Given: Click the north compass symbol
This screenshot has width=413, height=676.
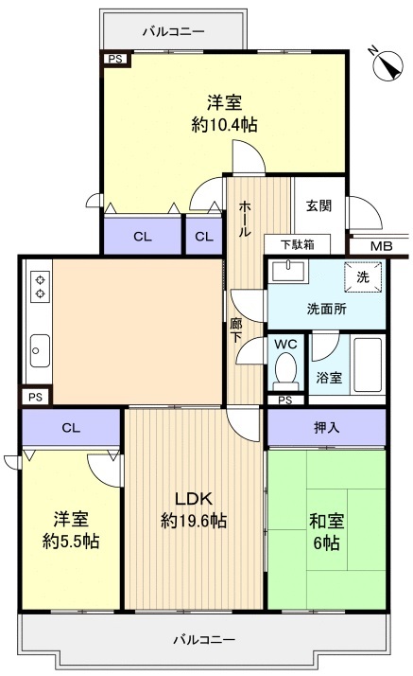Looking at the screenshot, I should [387, 63].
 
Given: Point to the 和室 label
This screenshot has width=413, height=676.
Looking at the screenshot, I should [325, 520].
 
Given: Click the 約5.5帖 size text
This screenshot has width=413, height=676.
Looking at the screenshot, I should [70, 542].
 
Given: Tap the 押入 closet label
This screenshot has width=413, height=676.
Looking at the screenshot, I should [327, 427].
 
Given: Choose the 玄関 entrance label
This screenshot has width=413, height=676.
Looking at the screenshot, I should [318, 205].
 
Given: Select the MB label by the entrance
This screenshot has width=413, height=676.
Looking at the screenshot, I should [381, 246].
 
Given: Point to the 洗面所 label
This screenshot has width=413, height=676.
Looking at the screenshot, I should [326, 308].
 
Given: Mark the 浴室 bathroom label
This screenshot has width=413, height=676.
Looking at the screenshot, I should [329, 377].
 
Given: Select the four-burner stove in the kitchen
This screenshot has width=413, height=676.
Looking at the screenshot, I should [40, 286].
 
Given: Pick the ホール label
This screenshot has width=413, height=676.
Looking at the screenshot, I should [244, 219].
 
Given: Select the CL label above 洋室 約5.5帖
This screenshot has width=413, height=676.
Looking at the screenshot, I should [70, 427].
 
